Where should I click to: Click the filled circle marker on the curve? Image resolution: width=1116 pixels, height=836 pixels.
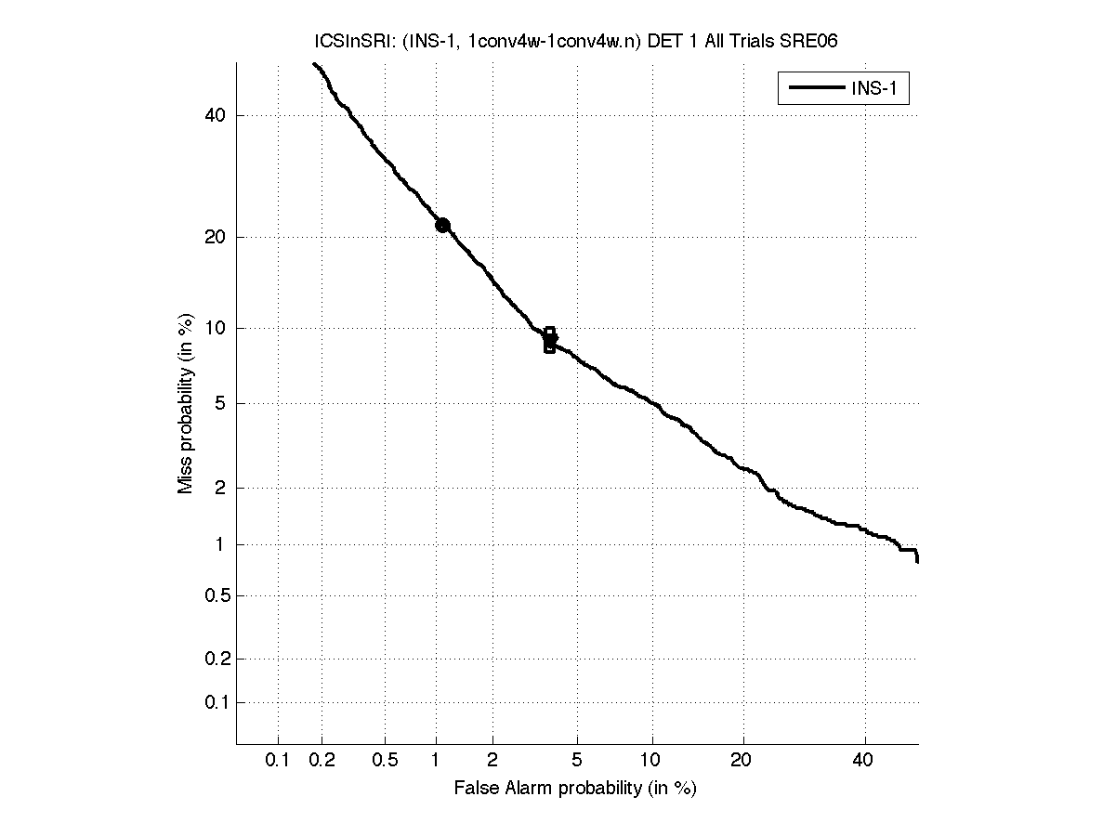point(442,225)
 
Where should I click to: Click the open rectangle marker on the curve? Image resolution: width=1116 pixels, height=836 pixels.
point(550,340)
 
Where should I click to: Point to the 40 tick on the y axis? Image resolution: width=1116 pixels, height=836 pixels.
point(215,115)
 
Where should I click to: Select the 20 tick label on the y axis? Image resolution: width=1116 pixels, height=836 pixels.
point(215,237)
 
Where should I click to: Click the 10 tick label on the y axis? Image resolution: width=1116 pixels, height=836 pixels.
point(215,328)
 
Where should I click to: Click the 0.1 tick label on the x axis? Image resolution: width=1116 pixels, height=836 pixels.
point(278,761)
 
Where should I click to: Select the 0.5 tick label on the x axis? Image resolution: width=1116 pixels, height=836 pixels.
point(385,761)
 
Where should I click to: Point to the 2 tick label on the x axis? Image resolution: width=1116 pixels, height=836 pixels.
point(492,761)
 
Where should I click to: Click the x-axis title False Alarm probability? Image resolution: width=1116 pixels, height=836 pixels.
point(574,789)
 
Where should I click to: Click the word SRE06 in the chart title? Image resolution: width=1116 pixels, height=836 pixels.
point(810,43)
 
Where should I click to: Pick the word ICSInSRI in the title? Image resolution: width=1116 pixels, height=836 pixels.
point(343,43)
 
